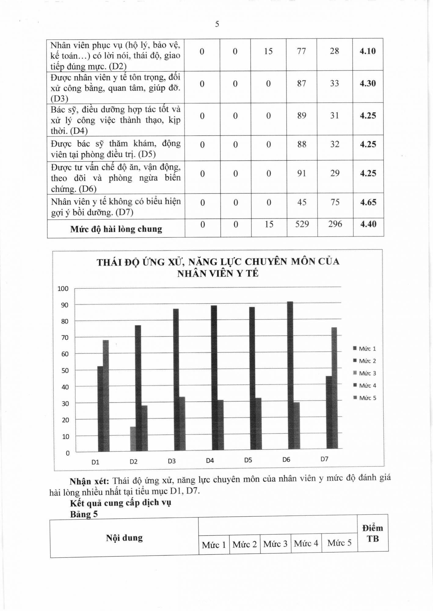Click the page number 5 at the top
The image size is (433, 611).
217,24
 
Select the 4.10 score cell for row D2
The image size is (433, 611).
367,51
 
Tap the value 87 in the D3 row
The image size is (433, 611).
301,83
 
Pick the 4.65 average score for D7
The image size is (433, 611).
368,202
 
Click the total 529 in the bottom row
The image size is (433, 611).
302,224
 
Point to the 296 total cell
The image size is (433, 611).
335,224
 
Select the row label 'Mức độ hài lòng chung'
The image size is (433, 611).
116,229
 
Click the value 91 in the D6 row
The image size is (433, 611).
302,174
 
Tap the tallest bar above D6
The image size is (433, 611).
290,375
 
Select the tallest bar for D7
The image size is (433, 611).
334,388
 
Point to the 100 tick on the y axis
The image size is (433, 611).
63,289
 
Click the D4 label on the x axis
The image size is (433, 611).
210,461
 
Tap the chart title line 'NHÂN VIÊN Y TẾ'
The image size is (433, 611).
218,273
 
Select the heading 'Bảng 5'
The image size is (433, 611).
84,514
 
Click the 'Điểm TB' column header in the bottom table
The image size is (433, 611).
373,533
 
